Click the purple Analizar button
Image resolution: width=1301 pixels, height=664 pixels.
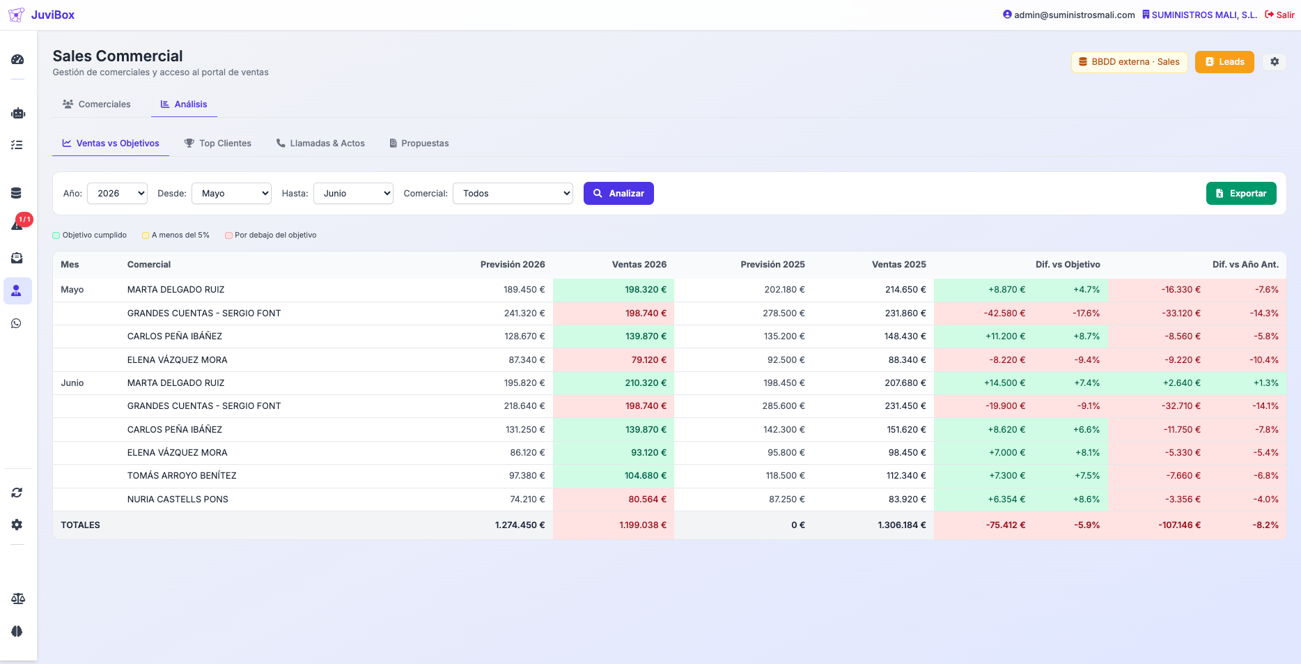618,193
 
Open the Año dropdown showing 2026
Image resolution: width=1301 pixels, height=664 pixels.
117,193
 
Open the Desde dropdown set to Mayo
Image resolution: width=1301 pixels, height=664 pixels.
231,193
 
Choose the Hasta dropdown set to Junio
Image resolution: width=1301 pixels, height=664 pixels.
353,193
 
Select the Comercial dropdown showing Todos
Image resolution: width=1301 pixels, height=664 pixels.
513,193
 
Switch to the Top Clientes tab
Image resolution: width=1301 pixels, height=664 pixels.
217,143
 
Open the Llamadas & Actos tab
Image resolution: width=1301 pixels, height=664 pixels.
320,143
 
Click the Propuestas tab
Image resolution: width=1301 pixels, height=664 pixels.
419,143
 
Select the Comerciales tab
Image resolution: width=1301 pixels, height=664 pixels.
97,104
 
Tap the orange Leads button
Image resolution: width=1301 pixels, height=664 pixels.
1224,62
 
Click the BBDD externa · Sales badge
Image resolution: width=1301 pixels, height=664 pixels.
1129,62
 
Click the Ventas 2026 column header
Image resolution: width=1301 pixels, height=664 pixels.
639,264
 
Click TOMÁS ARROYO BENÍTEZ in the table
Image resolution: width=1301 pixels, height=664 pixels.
182,475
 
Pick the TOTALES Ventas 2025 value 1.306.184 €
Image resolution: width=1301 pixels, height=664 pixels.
902,525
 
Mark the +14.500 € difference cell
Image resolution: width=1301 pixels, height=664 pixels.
1004,383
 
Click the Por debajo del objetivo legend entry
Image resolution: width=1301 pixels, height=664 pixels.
271,235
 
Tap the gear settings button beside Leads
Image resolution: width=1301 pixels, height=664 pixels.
1275,62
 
